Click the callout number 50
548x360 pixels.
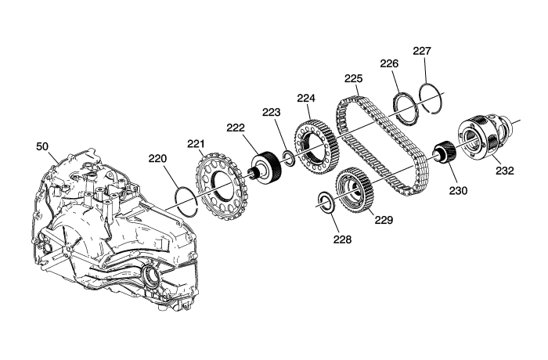tap(42, 146)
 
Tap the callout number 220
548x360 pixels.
tap(159, 159)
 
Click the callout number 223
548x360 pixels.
tap(271, 113)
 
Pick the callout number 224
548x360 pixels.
tap(305, 99)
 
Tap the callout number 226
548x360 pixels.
tap(390, 64)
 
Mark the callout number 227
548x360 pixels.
tap(422, 52)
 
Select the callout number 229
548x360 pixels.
tap(384, 221)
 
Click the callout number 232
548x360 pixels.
tap(505, 171)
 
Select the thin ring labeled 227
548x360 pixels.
tap(431, 100)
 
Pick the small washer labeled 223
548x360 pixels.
tap(287, 160)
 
